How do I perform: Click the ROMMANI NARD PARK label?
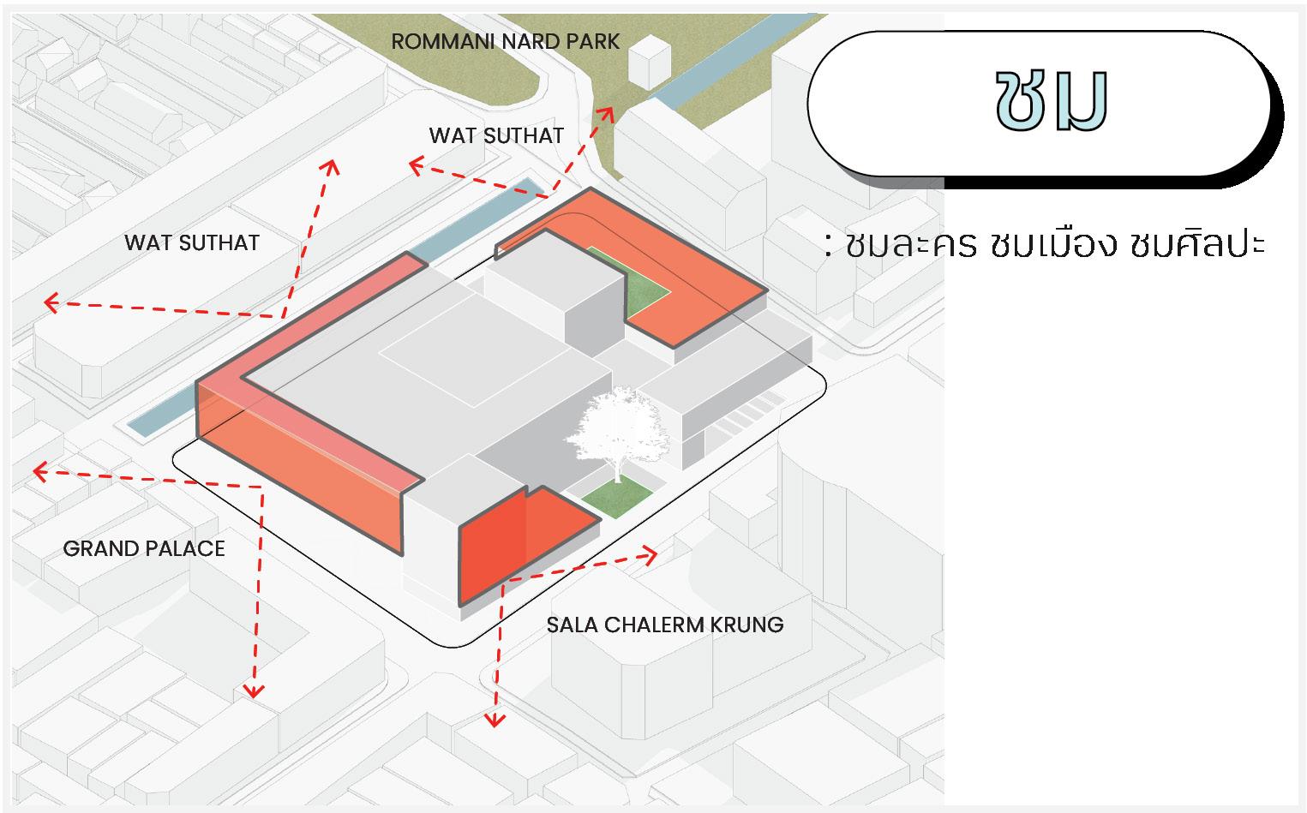click(505, 41)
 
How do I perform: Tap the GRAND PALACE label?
click(144, 548)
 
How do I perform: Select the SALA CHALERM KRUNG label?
click(665, 625)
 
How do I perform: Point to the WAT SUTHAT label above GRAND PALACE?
click(191, 242)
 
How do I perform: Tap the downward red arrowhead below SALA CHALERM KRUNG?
click(493, 719)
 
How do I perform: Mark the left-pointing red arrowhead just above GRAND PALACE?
click(38, 470)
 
